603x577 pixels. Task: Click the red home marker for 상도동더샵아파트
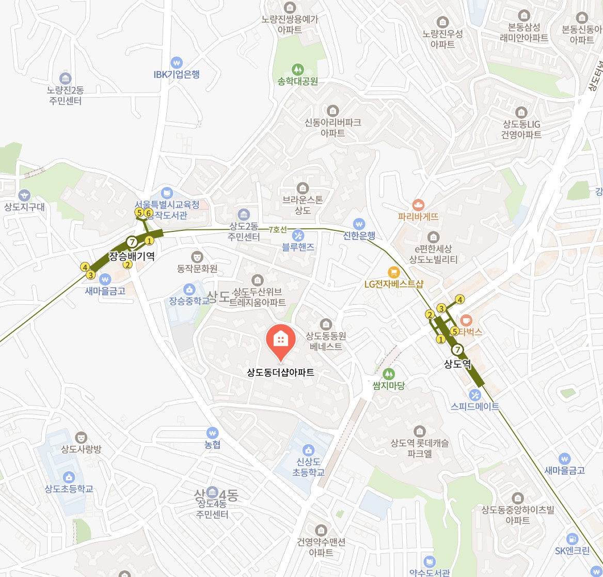coord(280,339)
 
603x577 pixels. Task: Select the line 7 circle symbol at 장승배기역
coord(132,241)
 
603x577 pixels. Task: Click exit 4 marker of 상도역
coord(460,299)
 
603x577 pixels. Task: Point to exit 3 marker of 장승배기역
coord(90,275)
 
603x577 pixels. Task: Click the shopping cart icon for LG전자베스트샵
coord(394,272)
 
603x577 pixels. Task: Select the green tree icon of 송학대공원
coord(297,69)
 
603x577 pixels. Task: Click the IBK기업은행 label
coord(177,74)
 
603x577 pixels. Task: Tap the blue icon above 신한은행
coord(359,224)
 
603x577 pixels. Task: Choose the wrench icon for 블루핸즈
coord(298,236)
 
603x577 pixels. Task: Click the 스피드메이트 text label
coord(475,407)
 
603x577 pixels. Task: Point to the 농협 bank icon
coord(212,432)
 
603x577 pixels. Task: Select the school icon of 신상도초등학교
coord(308,450)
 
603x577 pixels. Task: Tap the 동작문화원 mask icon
coord(197,257)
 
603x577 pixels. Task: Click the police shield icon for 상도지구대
coord(24,195)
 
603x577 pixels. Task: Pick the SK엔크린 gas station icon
coord(572,539)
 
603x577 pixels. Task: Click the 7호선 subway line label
coord(278,230)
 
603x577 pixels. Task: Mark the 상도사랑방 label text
coord(81,449)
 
